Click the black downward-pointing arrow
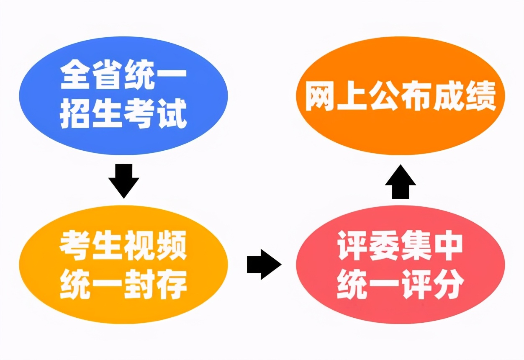pyautogui.click(x=123, y=181)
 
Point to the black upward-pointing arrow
pyautogui.click(x=400, y=181)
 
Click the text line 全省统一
pyautogui.click(x=123, y=77)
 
